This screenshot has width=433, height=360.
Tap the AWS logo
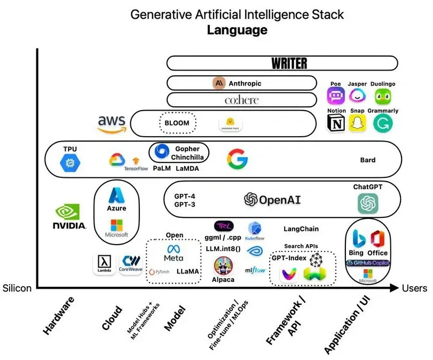112,123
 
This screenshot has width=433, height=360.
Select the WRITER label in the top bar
289,64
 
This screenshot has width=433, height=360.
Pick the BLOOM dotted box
177,123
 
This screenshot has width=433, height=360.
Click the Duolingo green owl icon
382,97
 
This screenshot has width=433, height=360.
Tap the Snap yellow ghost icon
357,123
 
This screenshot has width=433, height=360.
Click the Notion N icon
336,123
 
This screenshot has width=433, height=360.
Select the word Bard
368,160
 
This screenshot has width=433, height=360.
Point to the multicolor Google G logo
237,159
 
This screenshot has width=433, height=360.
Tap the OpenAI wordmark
272,200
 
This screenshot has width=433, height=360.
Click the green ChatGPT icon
368,203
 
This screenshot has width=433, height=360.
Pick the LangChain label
301,229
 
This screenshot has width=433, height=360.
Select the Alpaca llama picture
223,265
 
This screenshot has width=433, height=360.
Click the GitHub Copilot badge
368,263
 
